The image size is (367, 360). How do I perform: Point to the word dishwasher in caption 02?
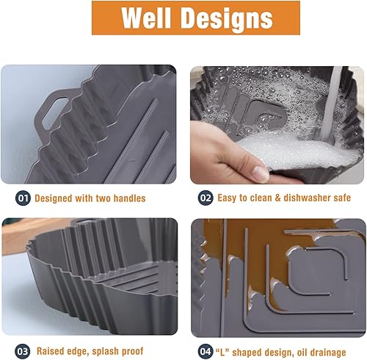[298, 198]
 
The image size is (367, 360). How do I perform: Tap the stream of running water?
[333, 96]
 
